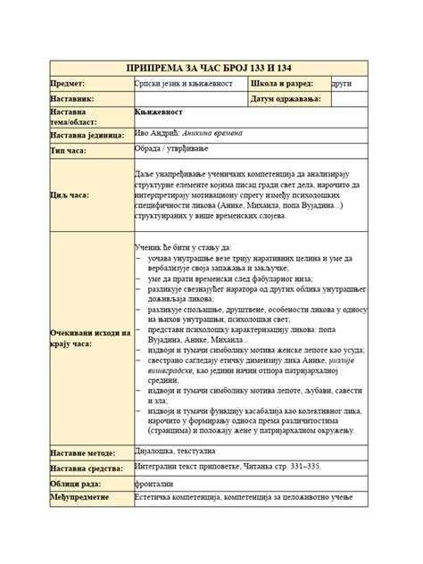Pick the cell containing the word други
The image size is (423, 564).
(x=341, y=83)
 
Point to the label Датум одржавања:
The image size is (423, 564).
(x=288, y=98)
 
